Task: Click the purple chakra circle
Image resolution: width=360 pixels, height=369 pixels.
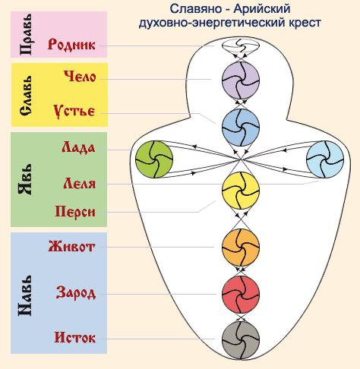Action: click(241, 80)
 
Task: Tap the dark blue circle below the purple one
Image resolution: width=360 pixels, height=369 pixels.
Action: click(241, 128)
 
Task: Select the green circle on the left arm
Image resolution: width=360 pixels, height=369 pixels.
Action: click(154, 159)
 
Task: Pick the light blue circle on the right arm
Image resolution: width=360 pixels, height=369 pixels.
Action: click(325, 159)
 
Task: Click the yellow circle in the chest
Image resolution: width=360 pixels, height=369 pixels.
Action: click(241, 191)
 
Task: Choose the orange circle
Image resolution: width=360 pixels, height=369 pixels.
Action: click(241, 248)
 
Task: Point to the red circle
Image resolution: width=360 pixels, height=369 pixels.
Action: click(241, 295)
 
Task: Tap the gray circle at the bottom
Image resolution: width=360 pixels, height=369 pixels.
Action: click(241, 340)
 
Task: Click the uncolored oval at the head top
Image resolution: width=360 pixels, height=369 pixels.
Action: click(241, 46)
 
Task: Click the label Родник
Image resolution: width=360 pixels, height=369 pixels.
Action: click(71, 45)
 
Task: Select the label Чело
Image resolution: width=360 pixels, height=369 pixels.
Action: click(80, 76)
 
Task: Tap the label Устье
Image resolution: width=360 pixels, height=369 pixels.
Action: click(74, 111)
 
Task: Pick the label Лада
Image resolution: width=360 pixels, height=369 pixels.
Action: click(78, 147)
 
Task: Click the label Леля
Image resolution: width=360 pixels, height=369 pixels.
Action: click(80, 183)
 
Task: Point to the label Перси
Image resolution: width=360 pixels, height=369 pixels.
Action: click(75, 212)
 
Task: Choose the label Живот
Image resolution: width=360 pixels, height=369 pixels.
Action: click(71, 247)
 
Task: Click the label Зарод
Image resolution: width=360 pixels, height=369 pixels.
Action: click(76, 293)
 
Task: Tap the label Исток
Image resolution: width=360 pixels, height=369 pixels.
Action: click(75, 337)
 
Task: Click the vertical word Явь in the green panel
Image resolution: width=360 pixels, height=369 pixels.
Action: click(25, 179)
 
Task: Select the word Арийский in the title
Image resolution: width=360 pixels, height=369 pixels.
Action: click(262, 9)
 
